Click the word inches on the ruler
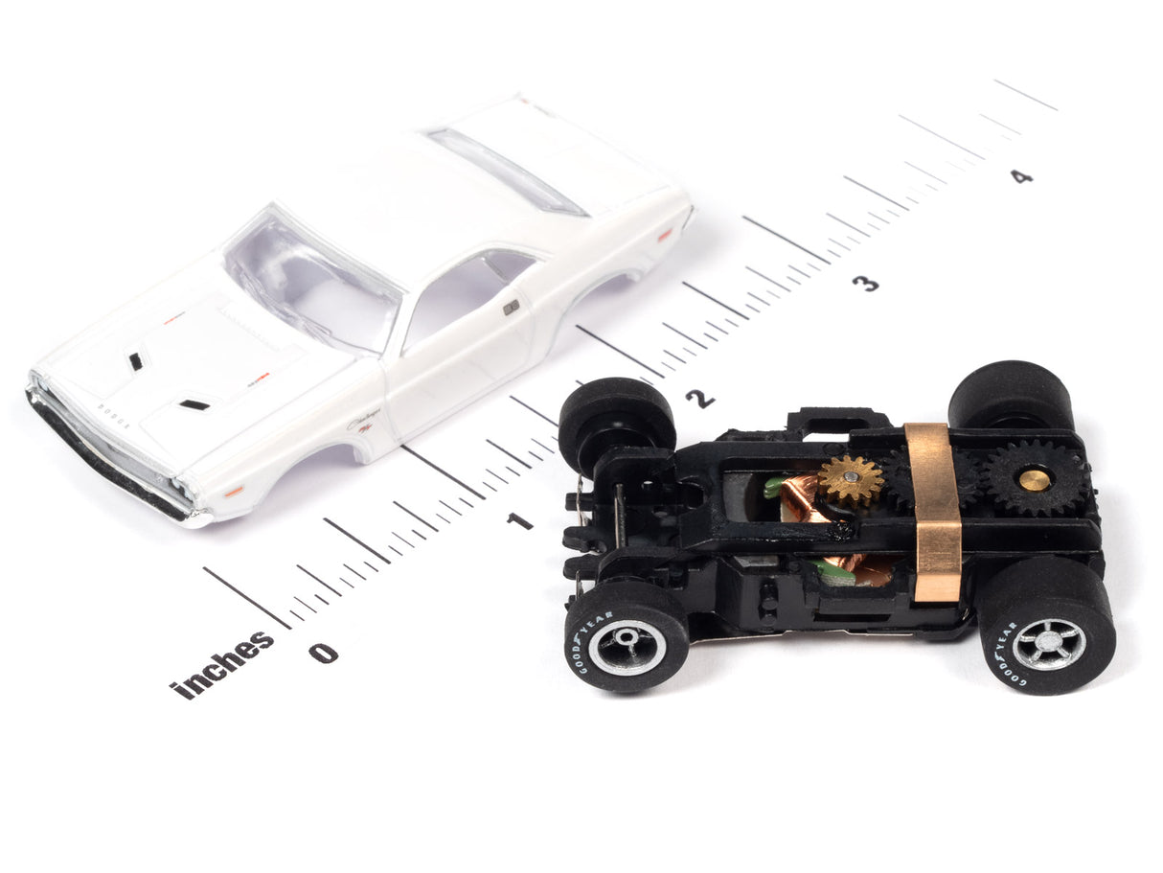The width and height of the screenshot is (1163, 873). tap(221, 663)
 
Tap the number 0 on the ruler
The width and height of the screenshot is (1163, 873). tap(323, 653)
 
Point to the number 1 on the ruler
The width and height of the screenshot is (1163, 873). tap(519, 520)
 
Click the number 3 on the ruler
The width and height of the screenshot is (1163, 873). tap(865, 283)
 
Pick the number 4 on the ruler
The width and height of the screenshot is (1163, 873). tap(1022, 176)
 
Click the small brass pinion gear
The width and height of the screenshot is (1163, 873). tap(850, 479)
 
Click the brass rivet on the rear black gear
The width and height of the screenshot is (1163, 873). tap(1034, 479)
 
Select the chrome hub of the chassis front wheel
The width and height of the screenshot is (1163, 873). tap(627, 648)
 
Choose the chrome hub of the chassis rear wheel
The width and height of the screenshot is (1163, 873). tap(1049, 643)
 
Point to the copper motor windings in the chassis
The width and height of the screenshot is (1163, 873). tap(800, 498)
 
